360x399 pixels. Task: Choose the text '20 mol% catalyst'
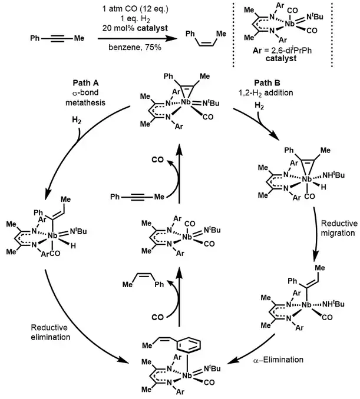tap(128, 28)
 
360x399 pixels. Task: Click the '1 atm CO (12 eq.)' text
tap(130, 7)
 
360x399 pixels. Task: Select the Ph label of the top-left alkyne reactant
tap(35, 39)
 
